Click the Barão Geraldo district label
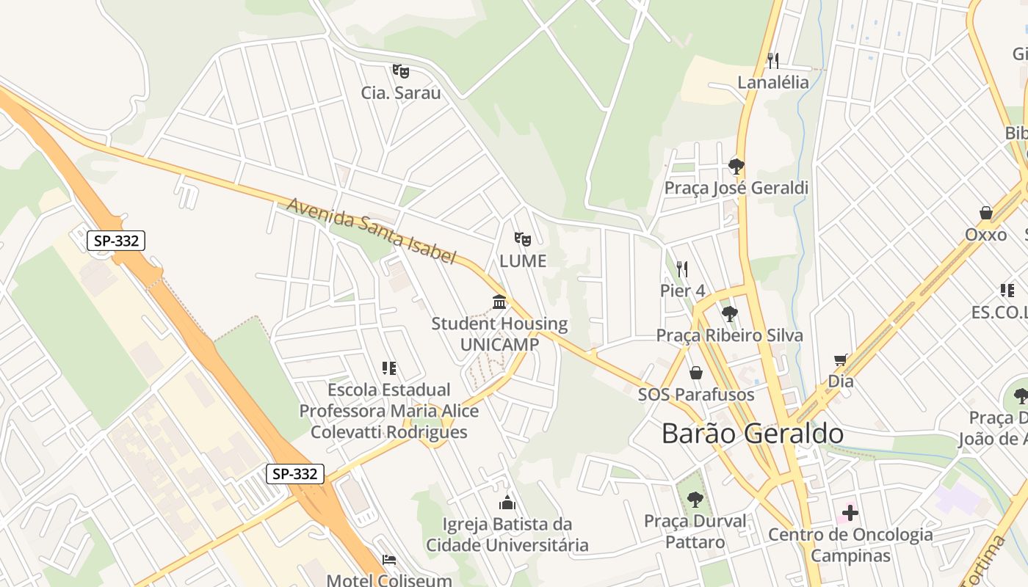pos(753,434)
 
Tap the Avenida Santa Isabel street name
pos(371,230)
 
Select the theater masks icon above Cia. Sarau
pos(400,71)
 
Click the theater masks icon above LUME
pos(522,238)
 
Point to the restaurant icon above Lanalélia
pos(772,60)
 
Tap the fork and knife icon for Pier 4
pos(682,269)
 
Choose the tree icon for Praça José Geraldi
pos(736,167)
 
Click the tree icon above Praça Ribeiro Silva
pos(729,315)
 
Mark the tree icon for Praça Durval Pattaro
pos(695,500)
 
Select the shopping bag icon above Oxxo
pos(986,214)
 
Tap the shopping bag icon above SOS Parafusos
pos(695,373)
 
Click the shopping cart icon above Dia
pos(841,360)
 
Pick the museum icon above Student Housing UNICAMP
pos(499,302)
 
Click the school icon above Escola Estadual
pos(388,368)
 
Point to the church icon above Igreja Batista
pos(507,503)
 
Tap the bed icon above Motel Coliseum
pos(388,561)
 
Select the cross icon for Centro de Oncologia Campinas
pos(850,513)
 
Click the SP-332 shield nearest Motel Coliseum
pos(294,474)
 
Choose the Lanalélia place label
pos(772,82)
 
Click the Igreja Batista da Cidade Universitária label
pos(507,535)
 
